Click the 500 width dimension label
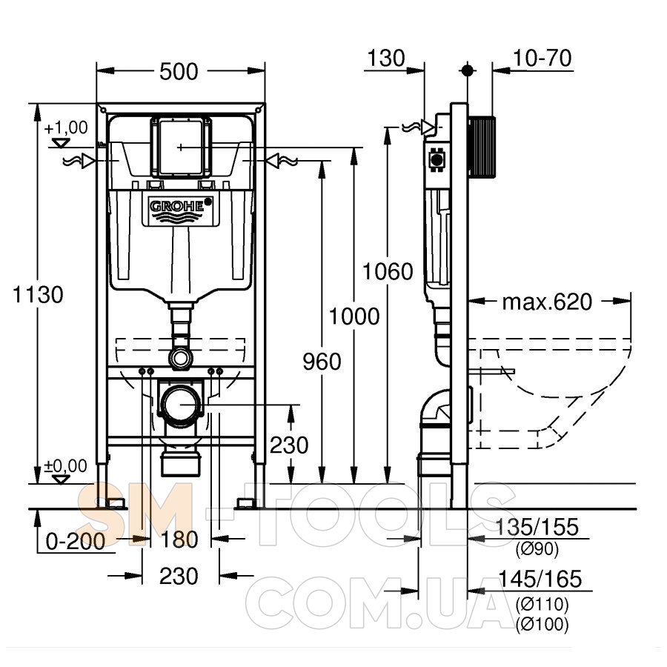(x=179, y=71)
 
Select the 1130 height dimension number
(x=38, y=294)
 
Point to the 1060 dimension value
(x=388, y=271)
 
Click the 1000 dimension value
(x=354, y=316)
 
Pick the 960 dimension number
(x=322, y=362)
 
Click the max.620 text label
(x=547, y=302)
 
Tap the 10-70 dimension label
(x=542, y=59)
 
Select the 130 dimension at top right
(x=386, y=59)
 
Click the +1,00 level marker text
(x=66, y=127)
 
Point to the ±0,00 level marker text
(x=65, y=466)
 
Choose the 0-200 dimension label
(x=76, y=542)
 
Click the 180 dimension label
(x=179, y=540)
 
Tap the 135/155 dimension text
(x=537, y=527)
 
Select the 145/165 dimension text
(x=540, y=579)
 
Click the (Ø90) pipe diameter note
(x=537, y=550)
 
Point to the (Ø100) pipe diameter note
(x=542, y=625)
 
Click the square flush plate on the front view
(x=181, y=147)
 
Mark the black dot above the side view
(x=468, y=70)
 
